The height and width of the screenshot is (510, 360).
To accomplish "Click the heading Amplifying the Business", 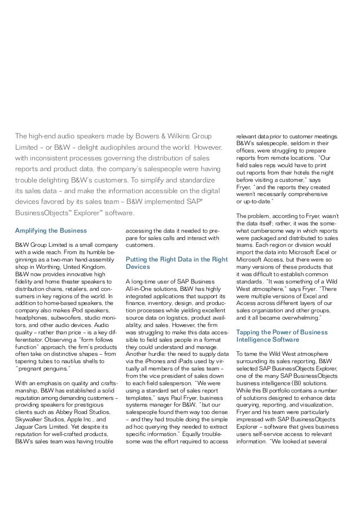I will [x=51, y=230].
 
